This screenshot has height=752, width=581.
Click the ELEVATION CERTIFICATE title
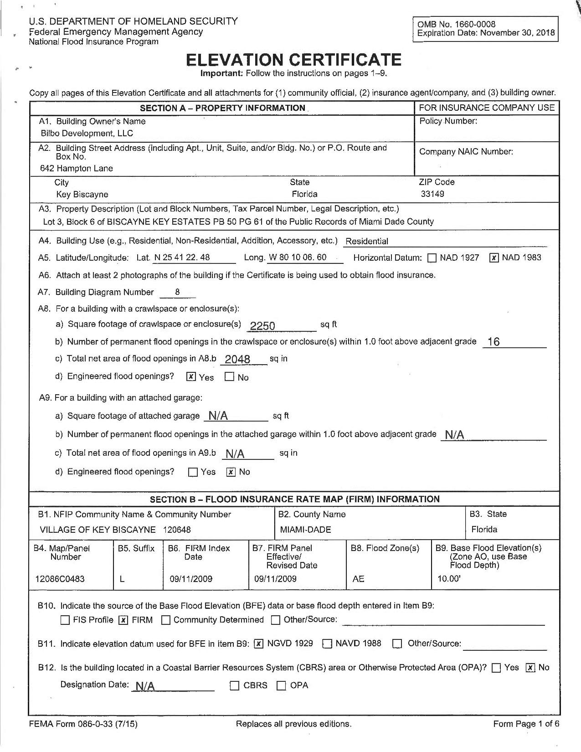[x=294, y=60]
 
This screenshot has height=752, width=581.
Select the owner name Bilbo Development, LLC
[x=87, y=134]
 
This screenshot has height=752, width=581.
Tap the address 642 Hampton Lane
[x=77, y=169]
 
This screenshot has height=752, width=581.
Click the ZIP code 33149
[x=432, y=194]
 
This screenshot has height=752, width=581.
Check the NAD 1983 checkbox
[x=494, y=258]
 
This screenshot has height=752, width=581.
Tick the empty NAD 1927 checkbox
[x=432, y=258]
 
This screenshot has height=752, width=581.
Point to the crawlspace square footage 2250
[x=263, y=325]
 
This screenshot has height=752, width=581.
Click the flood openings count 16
[x=494, y=342]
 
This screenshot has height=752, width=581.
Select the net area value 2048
[x=237, y=359]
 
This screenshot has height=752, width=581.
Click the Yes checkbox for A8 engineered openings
[x=192, y=377]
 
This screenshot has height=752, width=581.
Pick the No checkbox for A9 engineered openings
[x=231, y=472]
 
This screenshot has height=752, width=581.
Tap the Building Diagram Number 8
[x=177, y=292]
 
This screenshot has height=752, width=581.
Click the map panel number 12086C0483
[x=60, y=579]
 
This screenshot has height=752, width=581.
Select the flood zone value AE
[x=359, y=579]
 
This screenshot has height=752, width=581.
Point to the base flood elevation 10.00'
[x=449, y=579]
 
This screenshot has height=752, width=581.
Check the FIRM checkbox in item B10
[x=123, y=620]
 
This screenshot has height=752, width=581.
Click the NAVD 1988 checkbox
[x=327, y=644]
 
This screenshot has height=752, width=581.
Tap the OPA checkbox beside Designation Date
[x=282, y=686]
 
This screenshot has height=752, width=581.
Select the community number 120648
[x=177, y=530]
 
